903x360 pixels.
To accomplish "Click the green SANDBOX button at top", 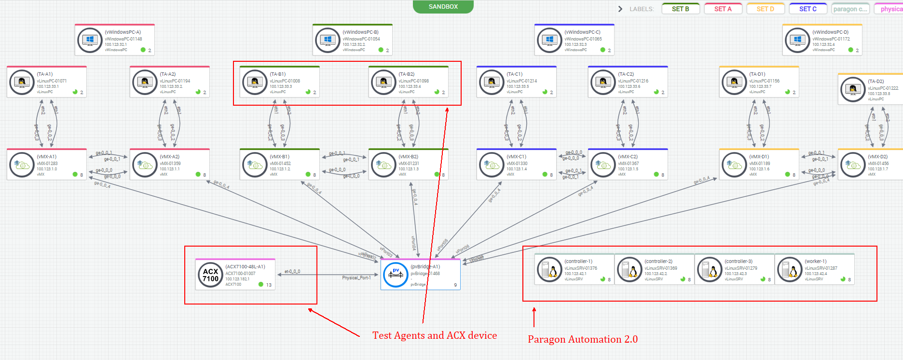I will coord(443,7).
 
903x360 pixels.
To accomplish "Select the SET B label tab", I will coord(680,9).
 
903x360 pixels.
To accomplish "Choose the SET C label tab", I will coord(807,9).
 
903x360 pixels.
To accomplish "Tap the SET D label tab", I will coord(765,9).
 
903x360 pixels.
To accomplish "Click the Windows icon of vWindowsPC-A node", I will coord(90,41).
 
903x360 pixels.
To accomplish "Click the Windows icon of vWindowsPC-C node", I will coord(549,41).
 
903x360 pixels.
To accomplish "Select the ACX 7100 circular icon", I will coord(210,275).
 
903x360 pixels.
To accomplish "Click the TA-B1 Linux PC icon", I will coord(255,83).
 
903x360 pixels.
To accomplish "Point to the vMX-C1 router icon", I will coord(492,165).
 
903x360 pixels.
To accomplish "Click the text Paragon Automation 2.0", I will coord(582,339).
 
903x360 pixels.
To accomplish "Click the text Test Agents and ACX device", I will coord(434,335).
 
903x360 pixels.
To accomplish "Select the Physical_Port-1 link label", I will coord(356,278).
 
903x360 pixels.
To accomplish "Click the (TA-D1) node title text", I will coord(757,74).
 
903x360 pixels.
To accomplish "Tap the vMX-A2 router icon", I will coord(145,165).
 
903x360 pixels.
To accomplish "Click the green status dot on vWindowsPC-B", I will coord(381,50).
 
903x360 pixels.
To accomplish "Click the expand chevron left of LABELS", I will coord(620,9).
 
